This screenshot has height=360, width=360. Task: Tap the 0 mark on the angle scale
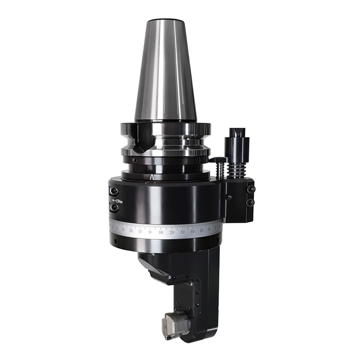tap(150, 233)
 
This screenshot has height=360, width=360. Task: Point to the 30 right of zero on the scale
tap(182, 232)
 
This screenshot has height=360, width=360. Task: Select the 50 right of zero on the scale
tap(201, 230)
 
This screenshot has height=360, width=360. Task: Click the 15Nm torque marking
tap(117, 200)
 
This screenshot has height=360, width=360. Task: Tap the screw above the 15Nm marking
tap(114, 191)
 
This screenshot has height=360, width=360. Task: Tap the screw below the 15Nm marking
tap(114, 208)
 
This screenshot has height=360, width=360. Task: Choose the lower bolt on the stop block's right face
tap(250, 203)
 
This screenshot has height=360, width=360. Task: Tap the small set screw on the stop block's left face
tap(229, 197)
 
